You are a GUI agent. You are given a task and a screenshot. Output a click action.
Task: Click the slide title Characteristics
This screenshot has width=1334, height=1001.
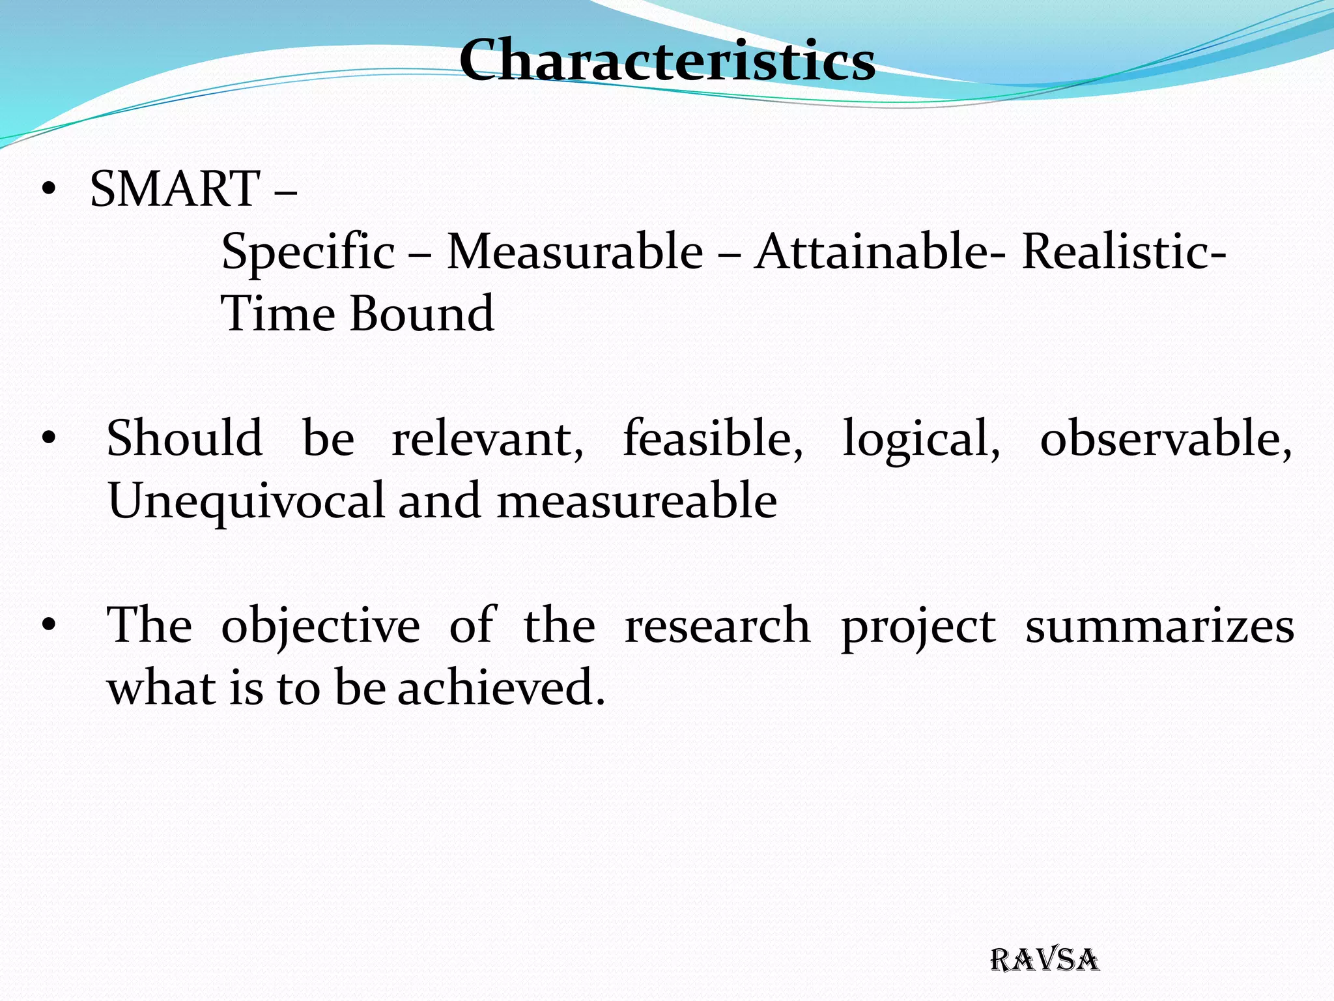(x=667, y=60)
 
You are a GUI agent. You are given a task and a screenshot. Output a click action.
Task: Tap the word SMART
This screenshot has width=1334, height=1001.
(x=175, y=189)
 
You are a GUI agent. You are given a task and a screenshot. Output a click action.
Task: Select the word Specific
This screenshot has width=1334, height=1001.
(x=308, y=252)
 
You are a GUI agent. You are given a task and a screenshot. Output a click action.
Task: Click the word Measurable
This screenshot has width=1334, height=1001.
(x=575, y=252)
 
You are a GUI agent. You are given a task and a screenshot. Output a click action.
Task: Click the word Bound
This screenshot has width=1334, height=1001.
(x=422, y=314)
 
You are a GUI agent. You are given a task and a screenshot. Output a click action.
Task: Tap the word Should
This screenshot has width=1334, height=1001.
(x=185, y=438)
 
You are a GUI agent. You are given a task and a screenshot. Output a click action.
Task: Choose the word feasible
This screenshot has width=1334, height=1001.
(x=713, y=438)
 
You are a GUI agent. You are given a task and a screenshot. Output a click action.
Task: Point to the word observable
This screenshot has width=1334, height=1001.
(x=1165, y=438)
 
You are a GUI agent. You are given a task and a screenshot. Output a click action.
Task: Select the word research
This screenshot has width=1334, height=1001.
(x=717, y=626)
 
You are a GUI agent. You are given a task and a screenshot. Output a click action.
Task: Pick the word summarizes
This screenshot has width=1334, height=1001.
(x=1160, y=626)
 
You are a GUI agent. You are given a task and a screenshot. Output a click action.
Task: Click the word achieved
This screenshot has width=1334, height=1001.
(x=501, y=688)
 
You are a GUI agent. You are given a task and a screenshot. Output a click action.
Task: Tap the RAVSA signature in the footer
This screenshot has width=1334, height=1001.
(x=1044, y=961)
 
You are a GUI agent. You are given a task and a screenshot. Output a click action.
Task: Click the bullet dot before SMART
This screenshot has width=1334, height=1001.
(x=48, y=190)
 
